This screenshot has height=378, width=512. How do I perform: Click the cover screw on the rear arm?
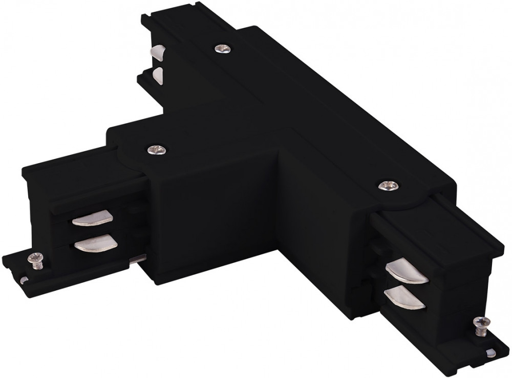coord(222,49)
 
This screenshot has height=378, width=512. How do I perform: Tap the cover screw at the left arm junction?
coord(156,150)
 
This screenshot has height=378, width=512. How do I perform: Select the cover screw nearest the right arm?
coord(388,185)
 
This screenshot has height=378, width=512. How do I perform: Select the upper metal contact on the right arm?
coord(407,271)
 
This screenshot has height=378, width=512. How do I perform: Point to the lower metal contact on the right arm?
coord(404,297)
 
